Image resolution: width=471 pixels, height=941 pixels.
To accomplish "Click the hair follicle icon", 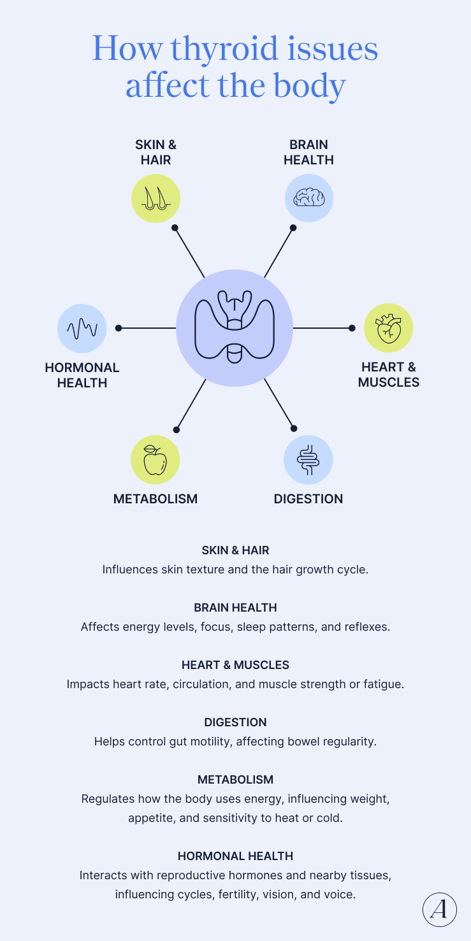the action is tap(156, 198).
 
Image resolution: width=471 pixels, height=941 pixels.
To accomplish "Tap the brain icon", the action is tap(308, 198).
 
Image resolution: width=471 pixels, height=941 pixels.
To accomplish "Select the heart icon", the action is tap(388, 329).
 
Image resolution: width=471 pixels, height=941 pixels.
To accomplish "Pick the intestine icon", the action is tap(308, 459).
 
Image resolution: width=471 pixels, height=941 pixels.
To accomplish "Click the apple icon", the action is tap(155, 460).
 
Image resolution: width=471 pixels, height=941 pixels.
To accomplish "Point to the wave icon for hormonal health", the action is tap(82, 329).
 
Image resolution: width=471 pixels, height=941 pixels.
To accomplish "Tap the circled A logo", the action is tap(440, 910).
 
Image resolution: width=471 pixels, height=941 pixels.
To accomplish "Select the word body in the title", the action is tap(310, 86).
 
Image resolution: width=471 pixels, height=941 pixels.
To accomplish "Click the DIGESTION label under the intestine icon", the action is tap(308, 499).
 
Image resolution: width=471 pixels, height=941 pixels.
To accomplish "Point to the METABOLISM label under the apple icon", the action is tap(156, 499).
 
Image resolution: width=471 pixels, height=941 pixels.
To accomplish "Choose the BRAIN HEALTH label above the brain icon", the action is tap(308, 152).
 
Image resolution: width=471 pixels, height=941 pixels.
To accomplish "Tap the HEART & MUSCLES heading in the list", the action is tap(235, 665).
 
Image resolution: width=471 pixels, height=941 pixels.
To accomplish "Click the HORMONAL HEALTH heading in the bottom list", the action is tap(235, 856).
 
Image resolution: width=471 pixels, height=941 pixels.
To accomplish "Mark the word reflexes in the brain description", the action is tap(365, 627).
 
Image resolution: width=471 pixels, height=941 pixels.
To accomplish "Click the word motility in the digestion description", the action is tap(203, 742).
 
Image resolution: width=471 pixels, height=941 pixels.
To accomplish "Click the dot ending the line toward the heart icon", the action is tap(352, 328).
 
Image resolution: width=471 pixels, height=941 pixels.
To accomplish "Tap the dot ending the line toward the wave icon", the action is tap(119, 328).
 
